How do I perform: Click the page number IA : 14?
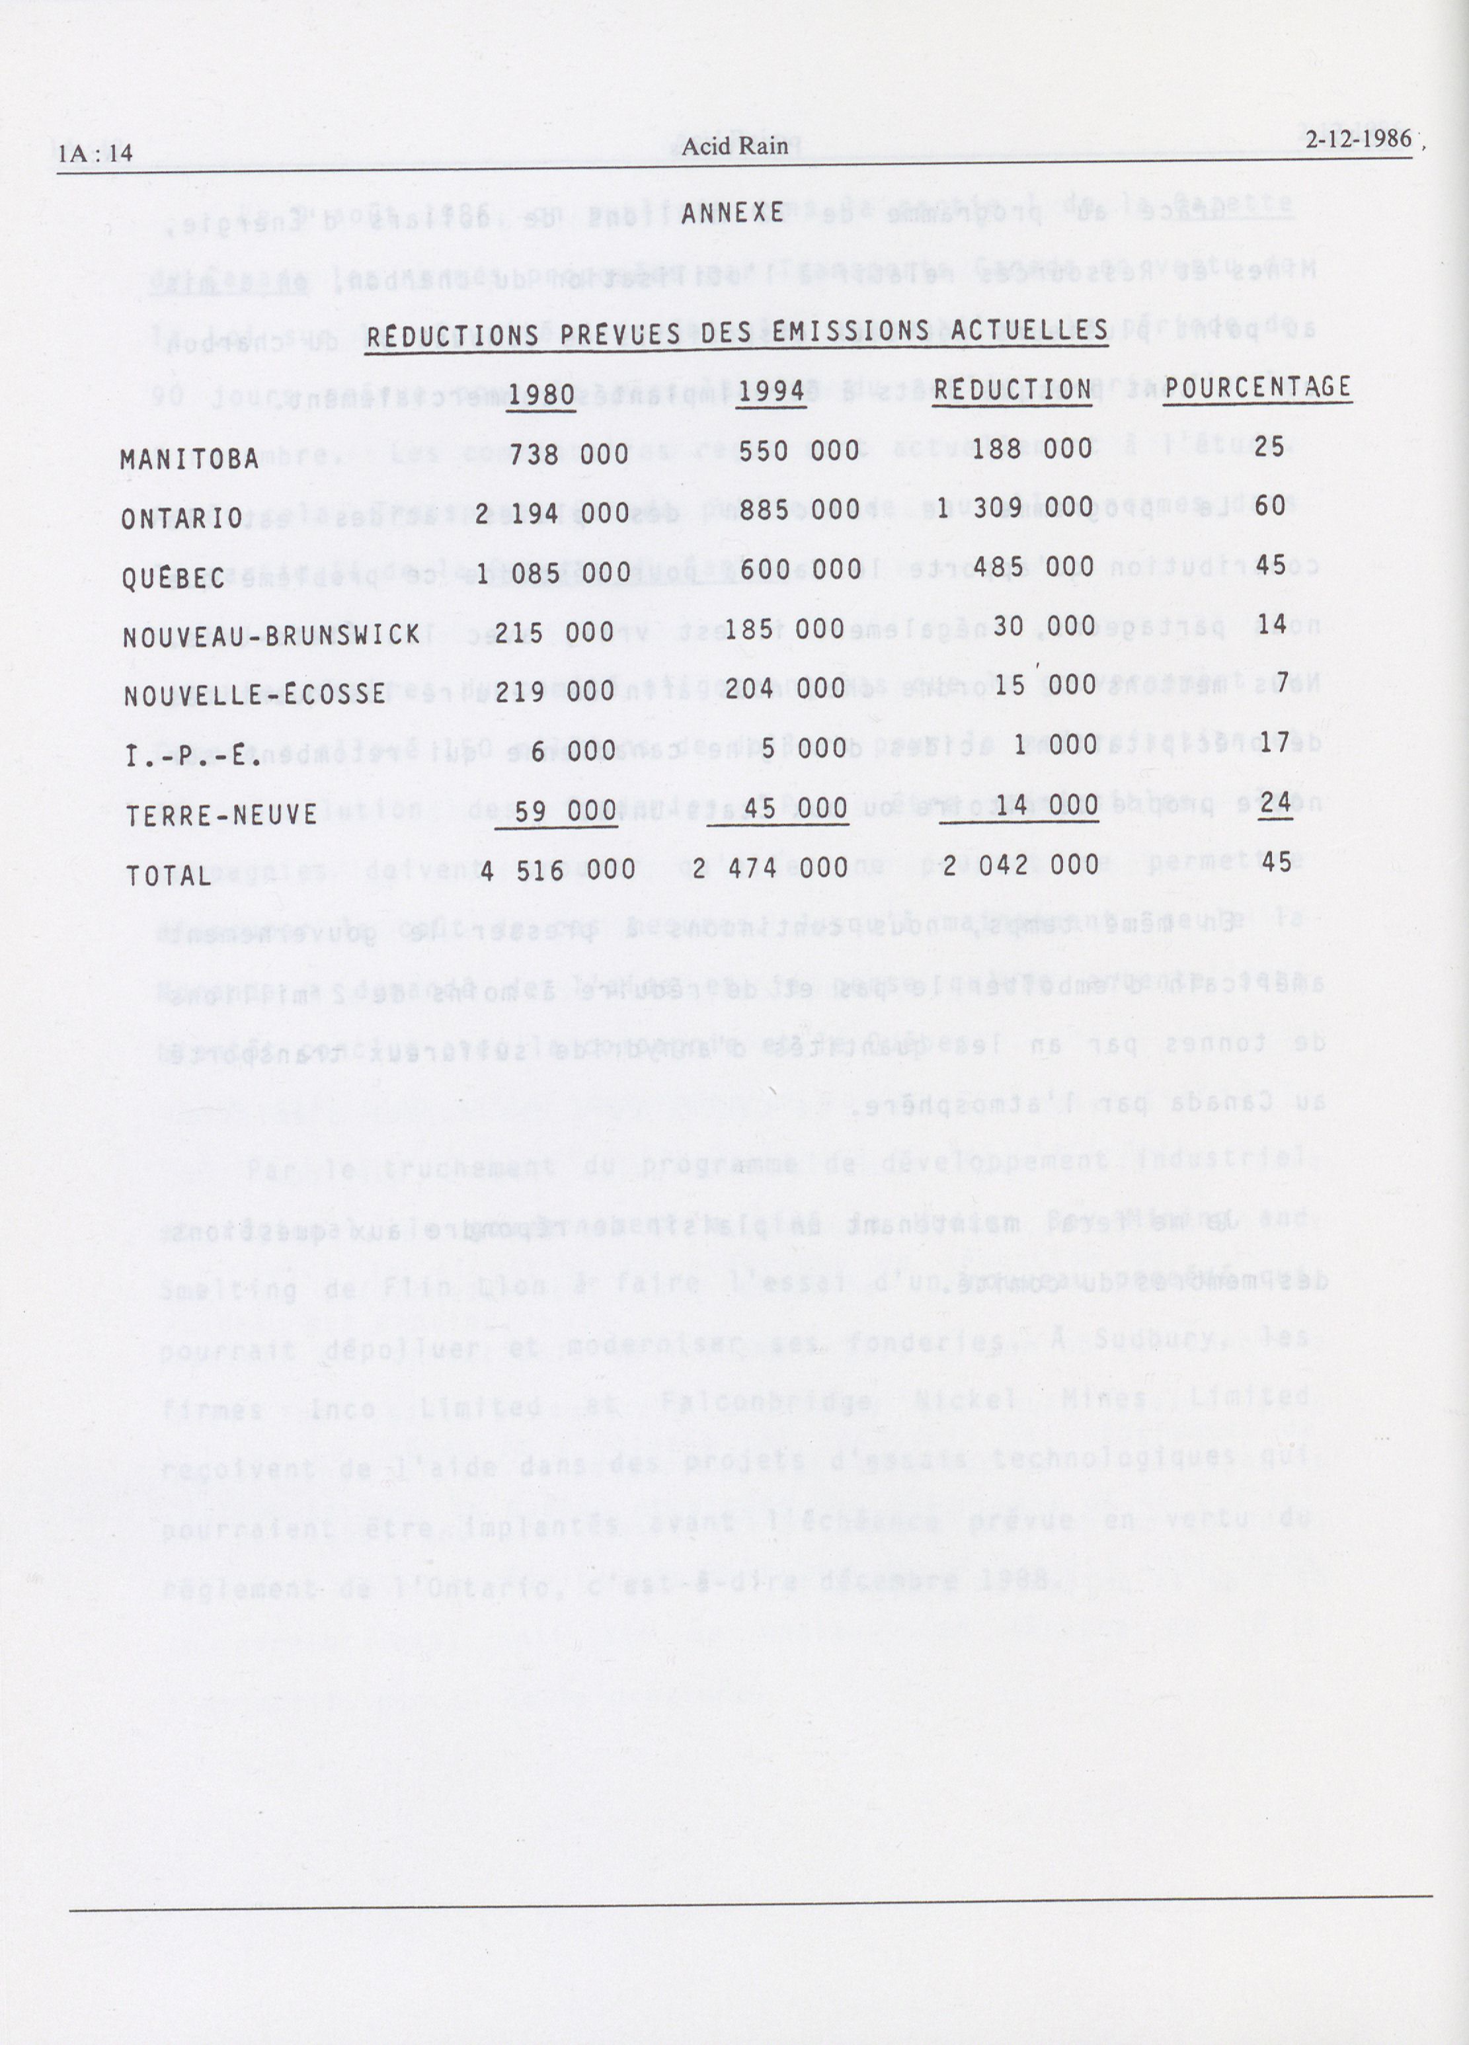(x=96, y=154)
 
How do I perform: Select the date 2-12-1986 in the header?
(x=1357, y=141)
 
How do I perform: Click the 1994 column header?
(x=770, y=393)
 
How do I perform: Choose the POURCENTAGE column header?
(x=1257, y=389)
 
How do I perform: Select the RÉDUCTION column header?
(x=1012, y=391)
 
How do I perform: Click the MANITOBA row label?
(x=189, y=459)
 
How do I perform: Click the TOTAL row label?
(x=168, y=875)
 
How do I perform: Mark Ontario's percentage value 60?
(x=1270, y=506)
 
